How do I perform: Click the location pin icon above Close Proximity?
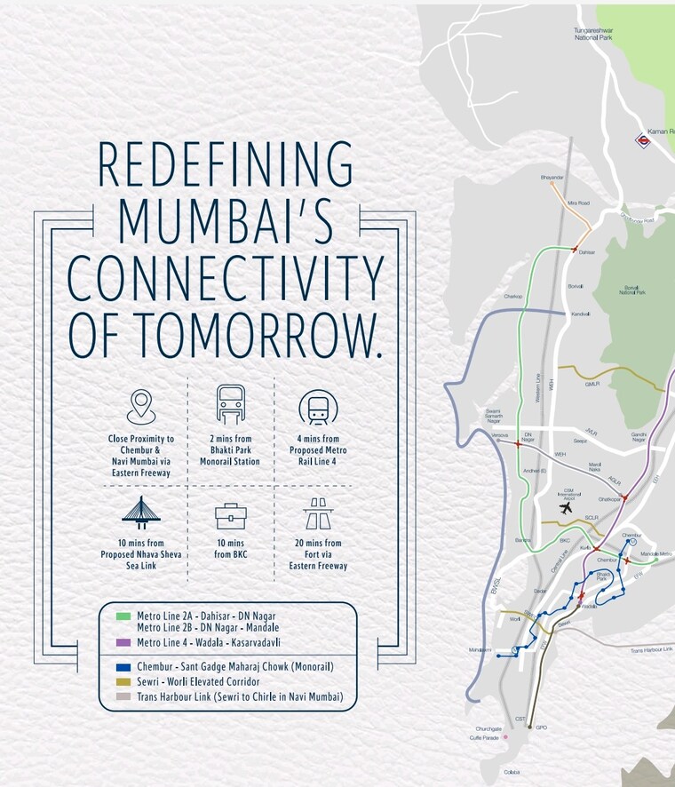[x=141, y=407]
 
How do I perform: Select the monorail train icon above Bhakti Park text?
[x=231, y=405]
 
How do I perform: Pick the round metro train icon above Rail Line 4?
[x=317, y=407]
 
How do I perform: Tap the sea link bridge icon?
[x=141, y=513]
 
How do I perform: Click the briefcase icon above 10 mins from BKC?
[x=231, y=516]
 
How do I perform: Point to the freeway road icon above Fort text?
[x=317, y=513]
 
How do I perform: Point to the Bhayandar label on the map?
[x=552, y=178]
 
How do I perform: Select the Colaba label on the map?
[x=511, y=771]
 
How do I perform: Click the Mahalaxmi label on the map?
[x=480, y=649]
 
